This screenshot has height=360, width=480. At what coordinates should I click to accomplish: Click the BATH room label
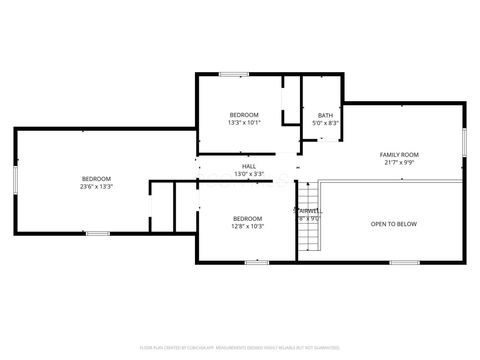[x=326, y=115]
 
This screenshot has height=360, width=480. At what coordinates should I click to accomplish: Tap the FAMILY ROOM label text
[x=398, y=154]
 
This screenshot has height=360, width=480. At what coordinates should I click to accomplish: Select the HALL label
[x=249, y=166]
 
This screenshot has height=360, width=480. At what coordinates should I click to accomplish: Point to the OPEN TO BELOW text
[x=393, y=224]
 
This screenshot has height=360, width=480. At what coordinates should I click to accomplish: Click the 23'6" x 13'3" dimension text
[x=97, y=186]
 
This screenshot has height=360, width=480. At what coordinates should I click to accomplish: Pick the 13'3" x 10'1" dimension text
[x=244, y=123]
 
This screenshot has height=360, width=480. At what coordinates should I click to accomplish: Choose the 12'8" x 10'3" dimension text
[x=247, y=226]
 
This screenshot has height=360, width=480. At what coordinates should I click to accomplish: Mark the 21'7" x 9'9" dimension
[x=398, y=162]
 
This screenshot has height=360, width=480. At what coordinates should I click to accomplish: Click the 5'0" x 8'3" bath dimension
[x=326, y=123]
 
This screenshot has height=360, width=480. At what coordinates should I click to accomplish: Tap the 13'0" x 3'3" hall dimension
[x=249, y=174]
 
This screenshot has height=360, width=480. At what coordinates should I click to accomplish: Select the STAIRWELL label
[x=309, y=211]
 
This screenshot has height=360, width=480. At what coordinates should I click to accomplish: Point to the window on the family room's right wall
[x=464, y=141]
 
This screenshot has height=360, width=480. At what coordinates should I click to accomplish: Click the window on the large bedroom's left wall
[x=14, y=180]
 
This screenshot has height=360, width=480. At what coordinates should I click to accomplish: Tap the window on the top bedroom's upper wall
[x=234, y=73]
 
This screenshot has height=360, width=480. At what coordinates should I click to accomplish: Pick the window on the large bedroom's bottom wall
[x=97, y=233]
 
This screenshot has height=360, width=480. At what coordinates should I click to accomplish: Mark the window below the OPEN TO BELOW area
[x=404, y=262]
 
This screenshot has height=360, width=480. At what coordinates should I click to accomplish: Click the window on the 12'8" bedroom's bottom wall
[x=257, y=262]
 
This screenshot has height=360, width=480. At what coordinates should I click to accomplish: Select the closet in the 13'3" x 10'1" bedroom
[x=291, y=100]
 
